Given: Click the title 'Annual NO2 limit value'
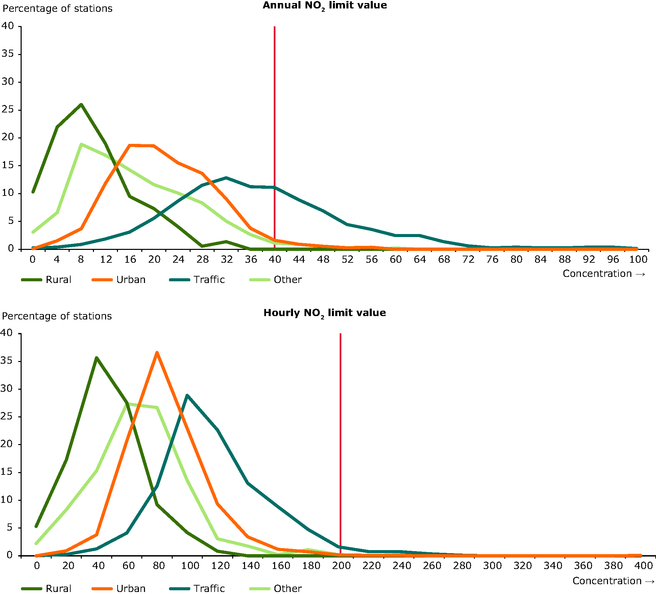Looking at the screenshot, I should point(325,6).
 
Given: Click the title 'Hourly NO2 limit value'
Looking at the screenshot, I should point(325,313).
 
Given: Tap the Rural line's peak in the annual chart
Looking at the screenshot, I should point(81,104).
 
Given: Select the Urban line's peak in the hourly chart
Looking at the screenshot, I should point(157,352).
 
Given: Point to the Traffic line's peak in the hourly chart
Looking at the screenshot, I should point(187,395).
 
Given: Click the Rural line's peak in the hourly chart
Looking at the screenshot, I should point(97,357).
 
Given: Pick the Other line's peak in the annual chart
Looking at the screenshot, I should point(81,144).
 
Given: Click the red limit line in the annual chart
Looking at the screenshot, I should point(274,101).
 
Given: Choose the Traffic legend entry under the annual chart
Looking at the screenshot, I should point(209,280).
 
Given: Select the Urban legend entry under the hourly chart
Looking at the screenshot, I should point(130,588).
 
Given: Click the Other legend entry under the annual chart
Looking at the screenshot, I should point(287,280).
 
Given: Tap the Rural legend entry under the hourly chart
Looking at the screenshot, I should point(58,588).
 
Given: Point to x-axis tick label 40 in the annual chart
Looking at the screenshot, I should point(275,259).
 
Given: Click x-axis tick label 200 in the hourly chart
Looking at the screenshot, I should point(341,566).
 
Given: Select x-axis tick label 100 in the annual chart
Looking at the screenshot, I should point(638,259).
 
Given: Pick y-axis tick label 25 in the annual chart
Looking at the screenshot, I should point(7,109).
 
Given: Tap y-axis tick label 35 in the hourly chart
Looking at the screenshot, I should point(7,361).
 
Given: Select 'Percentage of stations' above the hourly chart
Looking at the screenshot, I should point(57,316).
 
